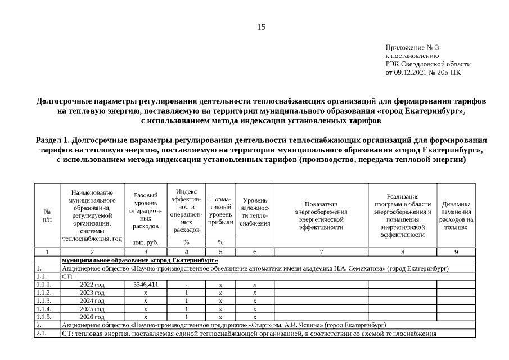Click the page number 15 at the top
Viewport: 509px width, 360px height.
tap(261, 27)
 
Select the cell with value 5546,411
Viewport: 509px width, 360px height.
tap(146, 285)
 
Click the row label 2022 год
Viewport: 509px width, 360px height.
tap(92, 285)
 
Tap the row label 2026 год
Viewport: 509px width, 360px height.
tap(92, 317)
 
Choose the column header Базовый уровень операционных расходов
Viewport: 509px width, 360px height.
tap(146, 210)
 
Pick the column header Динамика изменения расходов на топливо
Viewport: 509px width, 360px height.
tap(456, 215)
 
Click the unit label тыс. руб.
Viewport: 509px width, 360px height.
tap(146, 242)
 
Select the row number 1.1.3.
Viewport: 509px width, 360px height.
tap(44, 301)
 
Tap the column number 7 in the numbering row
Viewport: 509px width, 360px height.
tap(321, 251)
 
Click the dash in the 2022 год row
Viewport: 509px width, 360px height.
tap(186, 285)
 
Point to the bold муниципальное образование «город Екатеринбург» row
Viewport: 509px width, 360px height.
tap(140, 260)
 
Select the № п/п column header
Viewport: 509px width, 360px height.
tap(47, 215)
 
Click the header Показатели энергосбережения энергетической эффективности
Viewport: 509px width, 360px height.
tap(321, 215)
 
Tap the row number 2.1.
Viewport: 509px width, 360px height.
tap(40, 334)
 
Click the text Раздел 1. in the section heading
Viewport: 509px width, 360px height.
tap(52, 139)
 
